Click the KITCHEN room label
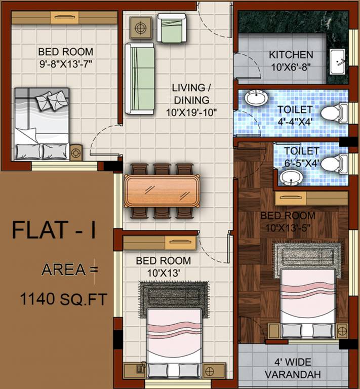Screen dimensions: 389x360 tap(291, 55)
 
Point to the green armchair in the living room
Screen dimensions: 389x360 tap(172, 27)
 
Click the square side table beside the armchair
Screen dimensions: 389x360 tap(140, 27)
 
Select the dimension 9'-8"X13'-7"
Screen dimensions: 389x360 tap(66, 64)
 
